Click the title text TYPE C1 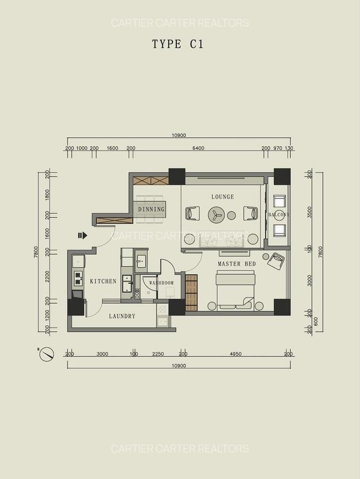coord(177,44)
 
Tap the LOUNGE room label coord(223,197)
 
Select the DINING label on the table coord(151,209)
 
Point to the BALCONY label coord(279,215)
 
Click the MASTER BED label coord(236,264)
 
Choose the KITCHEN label coord(103,281)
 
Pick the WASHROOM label coord(161,283)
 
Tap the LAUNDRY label coord(122,316)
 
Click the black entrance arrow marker coord(82,235)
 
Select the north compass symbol coord(47,354)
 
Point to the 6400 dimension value coord(198,148)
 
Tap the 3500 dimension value coord(309,212)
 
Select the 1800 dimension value coord(47,194)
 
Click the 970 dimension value coord(277,148)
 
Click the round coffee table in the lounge coord(216,214)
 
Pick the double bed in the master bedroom coord(235,290)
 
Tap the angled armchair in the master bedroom coord(276,261)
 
